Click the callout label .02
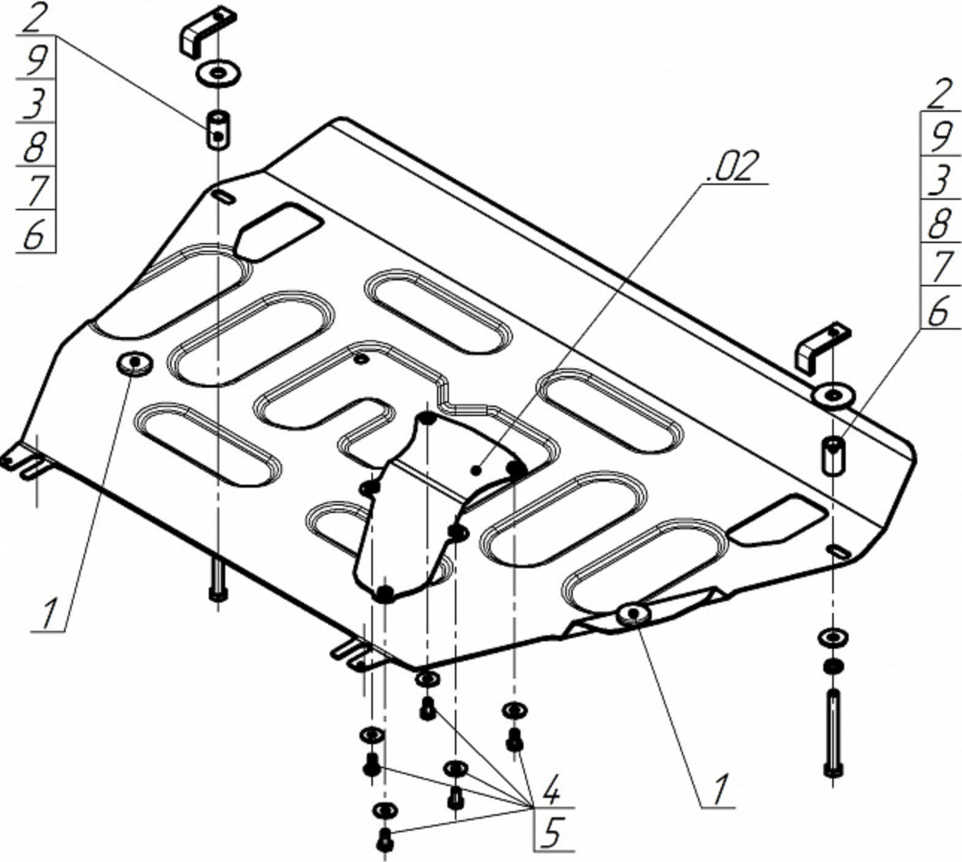click(x=735, y=166)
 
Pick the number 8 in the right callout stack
click(x=942, y=222)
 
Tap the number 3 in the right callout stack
click(x=942, y=179)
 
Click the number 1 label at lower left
click(x=48, y=613)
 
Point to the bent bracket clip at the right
click(x=823, y=346)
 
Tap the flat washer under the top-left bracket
click(x=216, y=73)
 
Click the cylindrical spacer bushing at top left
click(x=217, y=130)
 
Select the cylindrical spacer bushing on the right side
click(x=834, y=455)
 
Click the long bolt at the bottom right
click(x=833, y=734)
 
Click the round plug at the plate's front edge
click(x=633, y=613)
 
